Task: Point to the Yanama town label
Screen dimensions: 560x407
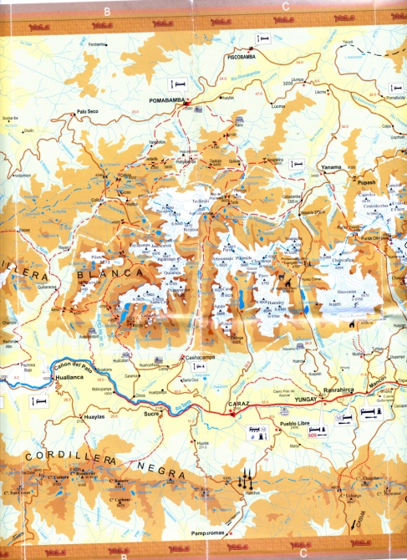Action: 332,167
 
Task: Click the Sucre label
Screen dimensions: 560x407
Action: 150,413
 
